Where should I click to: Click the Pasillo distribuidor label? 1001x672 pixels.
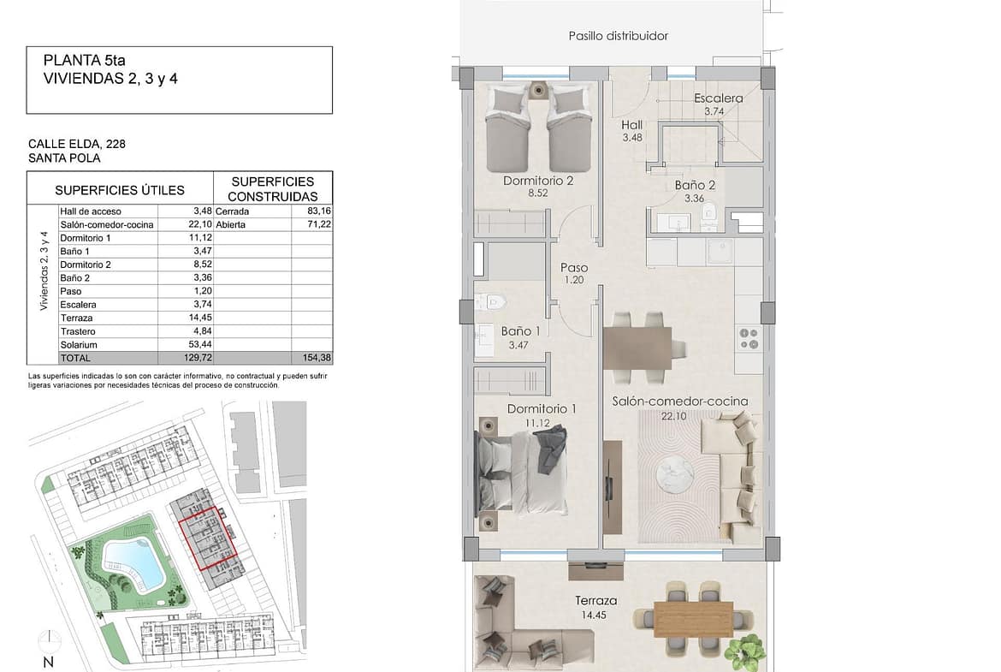(618, 36)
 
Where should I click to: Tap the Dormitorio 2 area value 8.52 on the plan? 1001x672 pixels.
(537, 193)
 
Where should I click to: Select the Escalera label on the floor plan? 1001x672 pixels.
(718, 98)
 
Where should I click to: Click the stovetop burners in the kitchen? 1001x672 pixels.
(749, 339)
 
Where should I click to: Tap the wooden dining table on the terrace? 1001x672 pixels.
(693, 619)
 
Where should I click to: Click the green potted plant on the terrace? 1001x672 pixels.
(745, 652)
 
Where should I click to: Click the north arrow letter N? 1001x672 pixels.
(49, 663)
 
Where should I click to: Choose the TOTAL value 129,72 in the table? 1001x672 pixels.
(198, 359)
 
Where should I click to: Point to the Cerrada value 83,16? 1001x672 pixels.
(319, 211)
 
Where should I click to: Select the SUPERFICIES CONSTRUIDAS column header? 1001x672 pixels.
(273, 189)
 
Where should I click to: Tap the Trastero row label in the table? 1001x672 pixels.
(78, 331)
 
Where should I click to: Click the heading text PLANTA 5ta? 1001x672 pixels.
(84, 61)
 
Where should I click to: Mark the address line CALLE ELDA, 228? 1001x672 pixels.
(77, 145)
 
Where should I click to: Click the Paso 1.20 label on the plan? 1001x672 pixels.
(574, 273)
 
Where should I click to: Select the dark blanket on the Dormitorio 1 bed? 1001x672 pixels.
(549, 449)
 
